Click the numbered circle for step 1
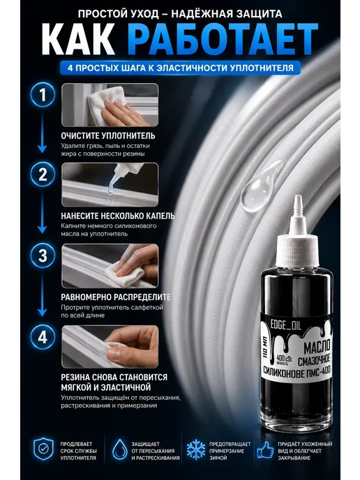[x=43, y=95]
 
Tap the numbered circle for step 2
[x=43, y=174]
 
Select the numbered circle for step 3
[x=43, y=255]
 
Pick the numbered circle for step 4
[x=43, y=337]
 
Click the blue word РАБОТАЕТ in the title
[x=223, y=39]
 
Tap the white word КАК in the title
[x=78, y=39]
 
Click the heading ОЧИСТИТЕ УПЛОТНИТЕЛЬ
[x=107, y=135]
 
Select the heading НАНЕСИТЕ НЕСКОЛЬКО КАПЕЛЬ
[x=117, y=216]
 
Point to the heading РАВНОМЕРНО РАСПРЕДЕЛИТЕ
[x=116, y=297]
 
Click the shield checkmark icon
[x=43, y=449]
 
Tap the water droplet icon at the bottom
[x=120, y=449]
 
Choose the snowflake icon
[x=196, y=449]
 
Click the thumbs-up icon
[x=265, y=450]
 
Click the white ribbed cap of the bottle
[x=297, y=250]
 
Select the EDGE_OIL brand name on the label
[x=285, y=325]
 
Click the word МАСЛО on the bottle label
[x=317, y=347]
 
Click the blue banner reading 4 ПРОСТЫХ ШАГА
[x=180, y=68]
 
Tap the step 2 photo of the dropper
[x=110, y=185]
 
